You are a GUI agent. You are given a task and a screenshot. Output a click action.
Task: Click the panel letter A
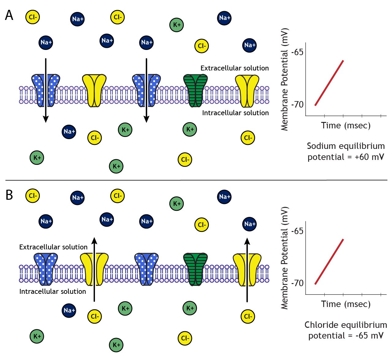pyautogui.click(x=9, y=15)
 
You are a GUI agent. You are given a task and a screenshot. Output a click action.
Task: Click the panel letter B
pyautogui.click(x=9, y=195)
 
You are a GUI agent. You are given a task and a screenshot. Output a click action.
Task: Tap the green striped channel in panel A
pyautogui.click(x=195, y=91)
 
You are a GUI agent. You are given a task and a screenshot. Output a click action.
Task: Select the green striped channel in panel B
pyautogui.click(x=195, y=269)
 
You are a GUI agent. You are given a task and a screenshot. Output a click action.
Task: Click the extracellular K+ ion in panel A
pyautogui.click(x=177, y=25)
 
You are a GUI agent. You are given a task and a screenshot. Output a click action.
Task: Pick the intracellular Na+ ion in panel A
pyautogui.click(x=69, y=132)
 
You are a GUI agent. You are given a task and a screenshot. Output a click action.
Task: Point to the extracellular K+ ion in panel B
pyautogui.click(x=177, y=204)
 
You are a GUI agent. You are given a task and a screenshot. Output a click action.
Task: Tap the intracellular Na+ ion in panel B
pyautogui.click(x=69, y=310)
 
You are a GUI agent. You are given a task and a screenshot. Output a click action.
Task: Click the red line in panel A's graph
pyautogui.click(x=329, y=83)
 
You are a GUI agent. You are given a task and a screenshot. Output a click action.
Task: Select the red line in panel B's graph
pyautogui.click(x=329, y=262)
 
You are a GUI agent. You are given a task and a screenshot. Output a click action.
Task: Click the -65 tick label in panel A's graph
pyautogui.click(x=297, y=52)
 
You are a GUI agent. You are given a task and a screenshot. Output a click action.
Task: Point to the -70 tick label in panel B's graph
pyautogui.click(x=297, y=283)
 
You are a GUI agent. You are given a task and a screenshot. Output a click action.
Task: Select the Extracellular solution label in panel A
pyautogui.click(x=235, y=68)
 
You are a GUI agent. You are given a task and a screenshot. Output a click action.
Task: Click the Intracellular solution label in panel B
pyautogui.click(x=53, y=291)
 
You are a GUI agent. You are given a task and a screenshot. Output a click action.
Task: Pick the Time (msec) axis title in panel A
pyautogui.click(x=346, y=126)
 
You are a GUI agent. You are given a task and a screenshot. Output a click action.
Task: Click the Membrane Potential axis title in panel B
pyautogui.click(x=285, y=258)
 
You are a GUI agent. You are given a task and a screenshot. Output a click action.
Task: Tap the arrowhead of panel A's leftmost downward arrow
pyautogui.click(x=46, y=119)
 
